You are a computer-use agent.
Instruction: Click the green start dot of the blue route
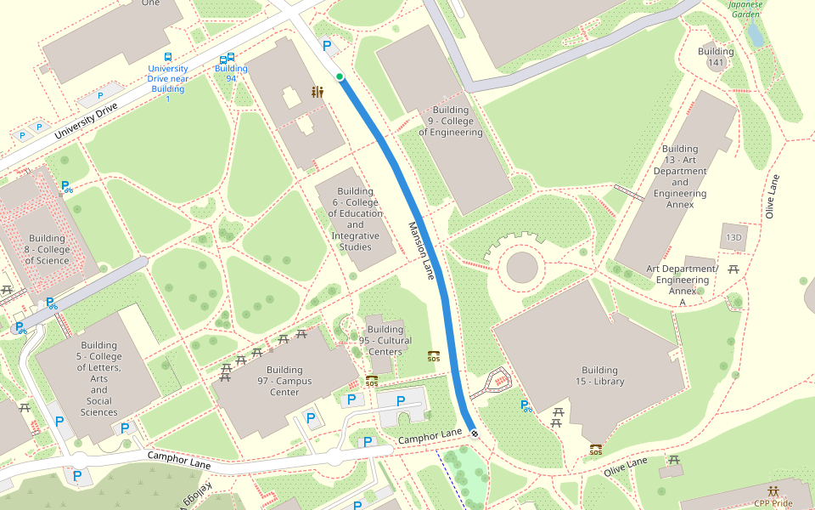(x=340, y=77)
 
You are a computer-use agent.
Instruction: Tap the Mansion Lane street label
(x=422, y=252)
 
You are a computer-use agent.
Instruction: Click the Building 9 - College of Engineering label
(x=450, y=122)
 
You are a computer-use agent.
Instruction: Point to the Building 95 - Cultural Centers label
(x=385, y=340)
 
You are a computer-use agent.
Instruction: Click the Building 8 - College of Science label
(x=47, y=249)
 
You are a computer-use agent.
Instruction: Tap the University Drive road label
(x=86, y=122)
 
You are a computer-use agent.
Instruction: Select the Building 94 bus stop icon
(x=227, y=59)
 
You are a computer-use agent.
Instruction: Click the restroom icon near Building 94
(x=318, y=92)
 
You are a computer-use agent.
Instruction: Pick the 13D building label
(x=732, y=238)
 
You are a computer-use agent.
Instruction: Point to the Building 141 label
(x=716, y=57)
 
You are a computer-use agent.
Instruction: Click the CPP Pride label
(x=773, y=502)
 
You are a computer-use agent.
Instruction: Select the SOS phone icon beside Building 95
(x=434, y=356)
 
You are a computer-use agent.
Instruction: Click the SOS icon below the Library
(x=596, y=449)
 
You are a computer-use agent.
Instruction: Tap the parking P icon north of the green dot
(x=326, y=47)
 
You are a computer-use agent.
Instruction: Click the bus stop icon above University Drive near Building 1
(x=168, y=57)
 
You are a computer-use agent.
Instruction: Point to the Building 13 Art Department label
(x=680, y=176)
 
